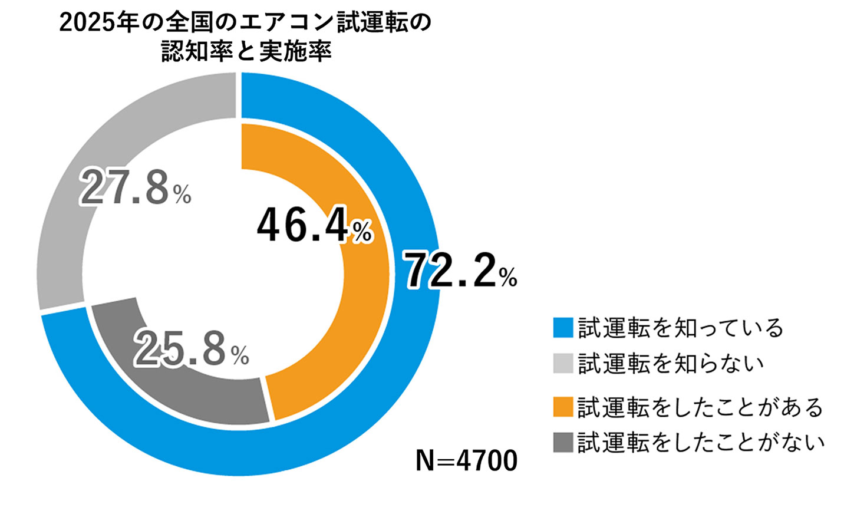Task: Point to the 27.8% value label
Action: tap(135, 188)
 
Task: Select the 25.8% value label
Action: tap(190, 349)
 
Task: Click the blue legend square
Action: tap(563, 328)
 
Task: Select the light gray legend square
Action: tap(563, 363)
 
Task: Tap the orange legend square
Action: tap(563, 407)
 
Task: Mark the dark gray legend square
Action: tap(563, 442)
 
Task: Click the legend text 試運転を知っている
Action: tap(680, 328)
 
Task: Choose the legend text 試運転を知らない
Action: tap(671, 363)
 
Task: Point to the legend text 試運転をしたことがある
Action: tap(700, 407)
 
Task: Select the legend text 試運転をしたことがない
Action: tap(701, 442)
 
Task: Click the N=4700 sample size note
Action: tap(466, 460)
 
